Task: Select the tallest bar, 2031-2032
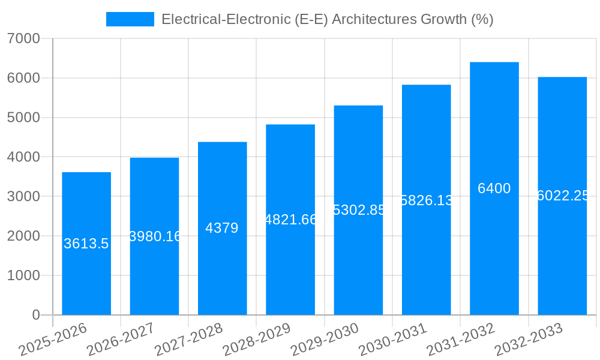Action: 494,252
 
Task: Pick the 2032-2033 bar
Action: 562,258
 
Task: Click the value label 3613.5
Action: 86,244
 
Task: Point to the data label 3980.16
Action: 155,236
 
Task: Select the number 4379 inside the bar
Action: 222,228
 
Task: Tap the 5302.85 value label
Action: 358,210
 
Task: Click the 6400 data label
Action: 494,188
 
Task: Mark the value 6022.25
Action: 562,196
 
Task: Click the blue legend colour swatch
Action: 130,19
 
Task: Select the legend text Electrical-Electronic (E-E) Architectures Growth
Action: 327,19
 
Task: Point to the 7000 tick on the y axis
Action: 24,38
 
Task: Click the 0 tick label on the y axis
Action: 35,315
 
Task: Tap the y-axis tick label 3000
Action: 24,196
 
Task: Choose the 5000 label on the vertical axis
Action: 24,118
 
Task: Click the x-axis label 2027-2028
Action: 188,340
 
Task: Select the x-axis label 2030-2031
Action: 392,340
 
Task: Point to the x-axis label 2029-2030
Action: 325,340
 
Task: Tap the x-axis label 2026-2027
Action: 121,340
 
